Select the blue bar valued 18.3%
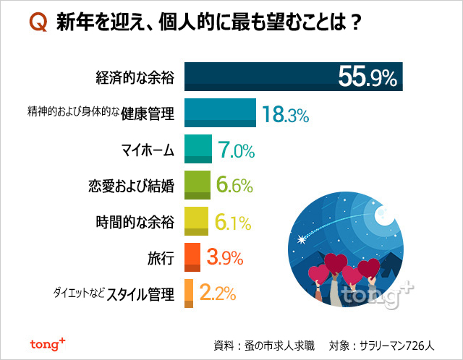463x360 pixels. (x=221, y=113)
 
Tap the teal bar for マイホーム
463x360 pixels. (x=198, y=149)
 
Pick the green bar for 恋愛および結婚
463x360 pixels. (x=197, y=184)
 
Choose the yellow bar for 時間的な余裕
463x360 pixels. (x=197, y=220)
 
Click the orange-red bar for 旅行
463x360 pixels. (x=192, y=257)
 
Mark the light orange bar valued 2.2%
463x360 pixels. (x=189, y=293)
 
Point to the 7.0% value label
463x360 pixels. (x=236, y=150)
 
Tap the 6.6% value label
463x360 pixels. (x=234, y=186)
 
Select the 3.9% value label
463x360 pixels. (x=224, y=257)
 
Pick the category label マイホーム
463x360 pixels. (x=148, y=150)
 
